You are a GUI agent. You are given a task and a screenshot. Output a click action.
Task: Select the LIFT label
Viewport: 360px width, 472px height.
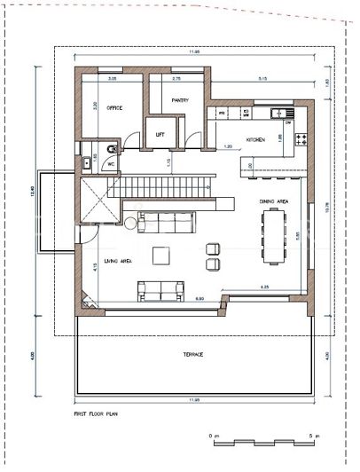(x=160, y=134)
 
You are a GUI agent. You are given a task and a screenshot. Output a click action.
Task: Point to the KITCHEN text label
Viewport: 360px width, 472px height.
(x=255, y=140)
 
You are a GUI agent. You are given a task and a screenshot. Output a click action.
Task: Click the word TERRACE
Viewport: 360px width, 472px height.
(x=193, y=354)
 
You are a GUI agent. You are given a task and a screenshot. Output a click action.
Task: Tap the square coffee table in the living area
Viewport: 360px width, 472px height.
(x=161, y=256)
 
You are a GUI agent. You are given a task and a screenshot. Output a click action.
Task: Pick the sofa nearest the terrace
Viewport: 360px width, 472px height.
(x=160, y=289)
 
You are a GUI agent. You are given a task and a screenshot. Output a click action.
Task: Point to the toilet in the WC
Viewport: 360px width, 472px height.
(x=107, y=150)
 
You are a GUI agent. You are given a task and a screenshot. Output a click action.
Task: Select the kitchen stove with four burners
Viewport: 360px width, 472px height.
(x=299, y=139)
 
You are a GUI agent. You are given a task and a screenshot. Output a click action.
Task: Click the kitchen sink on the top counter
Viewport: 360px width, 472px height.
(x=279, y=113)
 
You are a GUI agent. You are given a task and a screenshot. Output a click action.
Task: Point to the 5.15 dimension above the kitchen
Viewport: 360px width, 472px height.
(x=262, y=80)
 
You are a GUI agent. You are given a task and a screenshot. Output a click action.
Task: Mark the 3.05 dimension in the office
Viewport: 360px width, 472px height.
(x=112, y=80)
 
